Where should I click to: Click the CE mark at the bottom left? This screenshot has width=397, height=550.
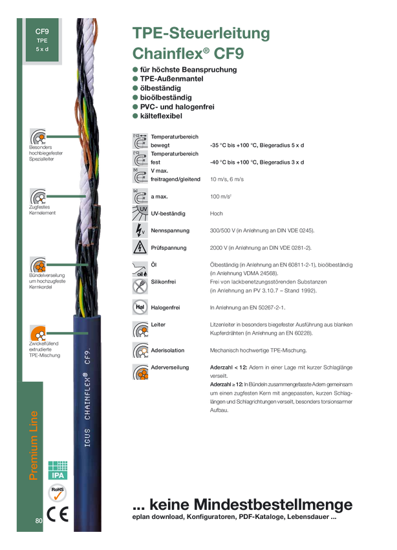(x=58, y=514)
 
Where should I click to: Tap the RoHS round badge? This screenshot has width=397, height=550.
(x=57, y=493)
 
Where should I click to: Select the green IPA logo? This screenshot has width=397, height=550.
(x=58, y=470)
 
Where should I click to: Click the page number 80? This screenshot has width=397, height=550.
(x=39, y=520)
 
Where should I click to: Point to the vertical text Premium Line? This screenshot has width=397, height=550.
(x=33, y=445)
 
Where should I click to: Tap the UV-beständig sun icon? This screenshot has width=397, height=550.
(x=140, y=214)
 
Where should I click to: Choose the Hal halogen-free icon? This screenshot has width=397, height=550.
(x=140, y=307)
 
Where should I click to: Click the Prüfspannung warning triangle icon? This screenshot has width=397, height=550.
(x=140, y=247)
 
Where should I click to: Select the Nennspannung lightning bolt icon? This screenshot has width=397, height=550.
(x=140, y=230)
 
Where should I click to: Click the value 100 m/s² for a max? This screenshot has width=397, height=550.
(x=220, y=197)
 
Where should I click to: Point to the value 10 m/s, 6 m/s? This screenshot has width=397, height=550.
(x=227, y=179)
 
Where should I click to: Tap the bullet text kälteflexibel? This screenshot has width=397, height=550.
(x=161, y=116)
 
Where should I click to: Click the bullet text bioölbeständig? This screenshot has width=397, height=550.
(x=166, y=98)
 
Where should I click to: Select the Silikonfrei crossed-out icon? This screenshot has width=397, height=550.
(x=140, y=286)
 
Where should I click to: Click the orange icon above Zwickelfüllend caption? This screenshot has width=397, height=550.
(x=38, y=333)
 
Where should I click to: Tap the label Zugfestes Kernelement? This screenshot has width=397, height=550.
(x=42, y=210)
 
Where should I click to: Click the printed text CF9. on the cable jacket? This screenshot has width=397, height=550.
(x=87, y=356)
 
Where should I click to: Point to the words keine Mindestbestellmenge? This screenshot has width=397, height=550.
(x=251, y=505)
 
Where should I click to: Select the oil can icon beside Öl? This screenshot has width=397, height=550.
(x=140, y=269)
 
